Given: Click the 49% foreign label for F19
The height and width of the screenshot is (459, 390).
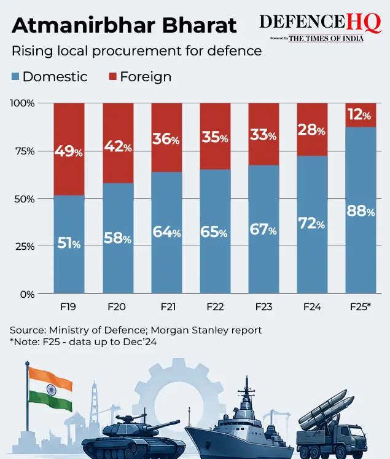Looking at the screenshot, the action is (x=69, y=151).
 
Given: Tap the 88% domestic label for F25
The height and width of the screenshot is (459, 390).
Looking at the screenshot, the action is (x=361, y=211).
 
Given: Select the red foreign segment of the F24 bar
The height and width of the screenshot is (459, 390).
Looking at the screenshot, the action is (x=312, y=129).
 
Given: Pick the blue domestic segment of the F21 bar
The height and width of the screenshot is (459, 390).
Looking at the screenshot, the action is (x=166, y=233).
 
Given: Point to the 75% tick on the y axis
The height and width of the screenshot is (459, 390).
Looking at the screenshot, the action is (x=25, y=151).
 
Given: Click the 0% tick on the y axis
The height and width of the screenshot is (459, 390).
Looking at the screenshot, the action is (x=28, y=294).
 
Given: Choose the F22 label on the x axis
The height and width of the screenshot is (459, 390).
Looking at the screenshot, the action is (x=215, y=307).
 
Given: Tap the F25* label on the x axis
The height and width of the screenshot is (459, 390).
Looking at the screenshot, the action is (x=360, y=306).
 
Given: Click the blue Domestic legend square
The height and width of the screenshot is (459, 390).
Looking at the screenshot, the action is (x=15, y=77).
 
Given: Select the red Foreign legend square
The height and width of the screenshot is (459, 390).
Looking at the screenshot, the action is (x=113, y=77).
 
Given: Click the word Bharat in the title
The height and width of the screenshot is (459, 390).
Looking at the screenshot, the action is (x=199, y=25).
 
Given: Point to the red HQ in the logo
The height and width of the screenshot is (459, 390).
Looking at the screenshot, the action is (x=364, y=23).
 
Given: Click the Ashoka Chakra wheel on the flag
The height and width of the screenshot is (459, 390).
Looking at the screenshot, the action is (x=52, y=390).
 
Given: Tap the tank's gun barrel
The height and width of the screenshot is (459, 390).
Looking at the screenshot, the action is (x=163, y=424).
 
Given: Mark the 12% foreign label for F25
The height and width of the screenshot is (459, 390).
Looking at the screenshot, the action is (x=359, y=114).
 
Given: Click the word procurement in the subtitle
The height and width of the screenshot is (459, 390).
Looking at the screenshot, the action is (x=137, y=51).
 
